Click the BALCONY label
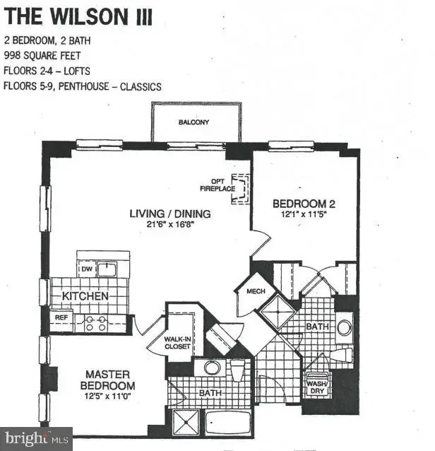[193, 122]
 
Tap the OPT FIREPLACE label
[218, 185]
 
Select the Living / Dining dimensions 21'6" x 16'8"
[170, 224]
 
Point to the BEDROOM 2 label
[304, 204]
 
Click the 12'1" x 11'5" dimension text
[304, 214]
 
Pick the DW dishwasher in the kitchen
[87, 269]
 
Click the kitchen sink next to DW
[107, 269]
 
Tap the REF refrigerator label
[61, 317]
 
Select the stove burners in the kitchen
[96, 323]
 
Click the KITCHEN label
[85, 296]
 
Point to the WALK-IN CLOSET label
[177, 343]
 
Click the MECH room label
[256, 291]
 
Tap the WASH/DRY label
[317, 387]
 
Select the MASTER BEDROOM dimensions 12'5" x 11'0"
[107, 397]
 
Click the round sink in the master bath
[212, 368]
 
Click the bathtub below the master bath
[228, 423]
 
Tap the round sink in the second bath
[345, 327]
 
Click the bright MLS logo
[36, 439]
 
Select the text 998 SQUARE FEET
[42, 55]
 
